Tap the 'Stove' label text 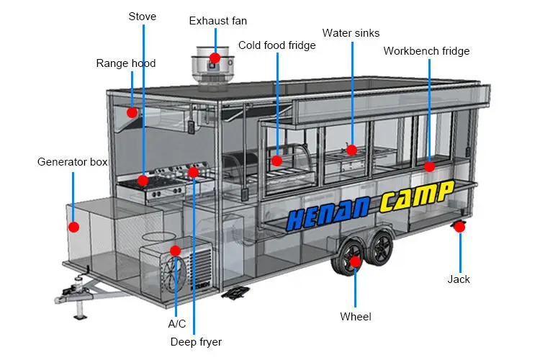click(143, 16)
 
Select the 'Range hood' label click(126, 63)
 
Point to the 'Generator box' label click(72, 162)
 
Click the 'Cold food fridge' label click(277, 45)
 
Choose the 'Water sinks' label click(351, 32)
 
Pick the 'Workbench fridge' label click(426, 51)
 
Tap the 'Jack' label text click(459, 279)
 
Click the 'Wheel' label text click(356, 316)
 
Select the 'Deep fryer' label click(196, 341)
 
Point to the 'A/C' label click(176, 324)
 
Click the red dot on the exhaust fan click(215, 57)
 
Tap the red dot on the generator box click(73, 227)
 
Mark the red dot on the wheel click(355, 261)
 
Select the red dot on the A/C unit click(175, 251)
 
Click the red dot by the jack click(459, 227)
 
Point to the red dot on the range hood click(132, 112)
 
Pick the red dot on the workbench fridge click(429, 166)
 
